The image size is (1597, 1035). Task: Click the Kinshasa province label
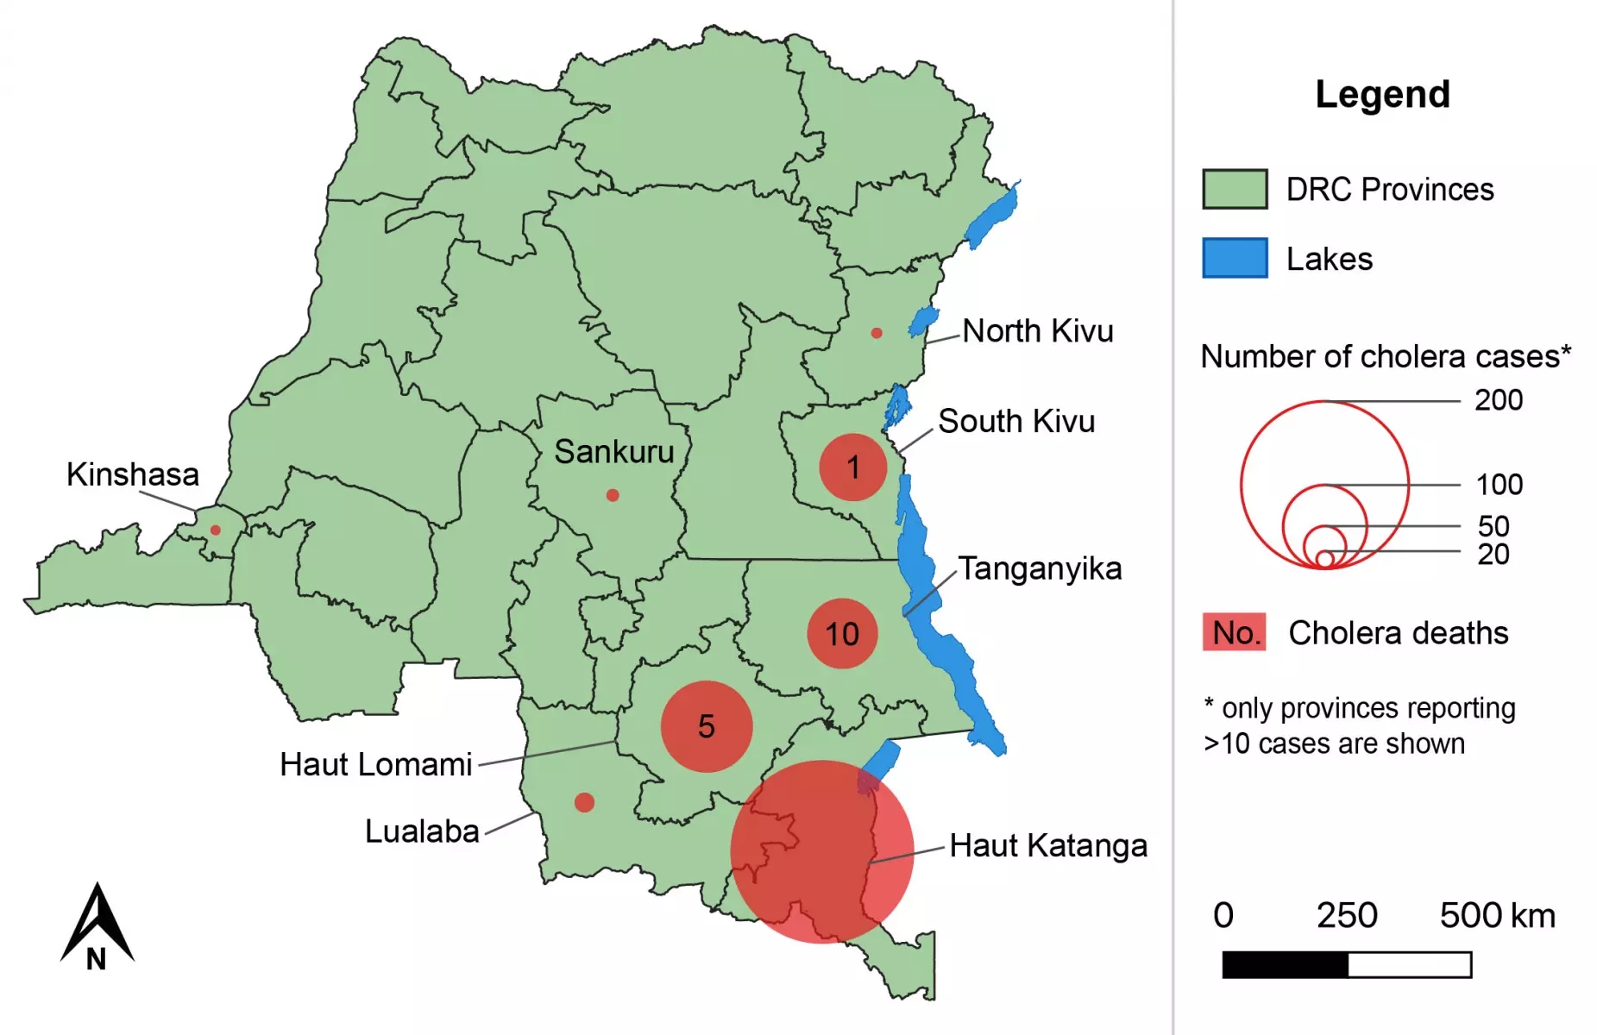(x=133, y=474)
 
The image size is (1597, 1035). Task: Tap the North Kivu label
(x=1038, y=331)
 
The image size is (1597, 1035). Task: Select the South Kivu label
(x=1016, y=422)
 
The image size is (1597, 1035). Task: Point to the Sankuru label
(x=613, y=452)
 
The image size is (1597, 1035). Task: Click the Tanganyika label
(x=1040, y=569)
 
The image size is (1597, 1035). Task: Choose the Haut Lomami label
(x=376, y=765)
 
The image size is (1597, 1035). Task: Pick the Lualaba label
(x=422, y=831)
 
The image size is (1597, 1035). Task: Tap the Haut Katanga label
(x=1048, y=846)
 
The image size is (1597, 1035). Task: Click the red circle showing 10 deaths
(x=842, y=634)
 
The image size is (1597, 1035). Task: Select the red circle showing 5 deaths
(x=707, y=726)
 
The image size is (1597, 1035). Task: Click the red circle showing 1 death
(x=852, y=467)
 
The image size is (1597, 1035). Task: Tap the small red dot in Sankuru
(x=613, y=495)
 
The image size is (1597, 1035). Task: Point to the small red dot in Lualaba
(x=584, y=802)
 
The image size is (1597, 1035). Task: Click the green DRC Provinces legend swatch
(x=1235, y=189)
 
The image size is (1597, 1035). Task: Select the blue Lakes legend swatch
(x=1235, y=258)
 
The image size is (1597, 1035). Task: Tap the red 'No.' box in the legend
(x=1235, y=632)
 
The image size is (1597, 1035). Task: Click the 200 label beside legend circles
(x=1499, y=400)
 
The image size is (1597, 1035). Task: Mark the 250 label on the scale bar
(x=1347, y=916)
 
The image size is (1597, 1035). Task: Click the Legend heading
(x=1382, y=94)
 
